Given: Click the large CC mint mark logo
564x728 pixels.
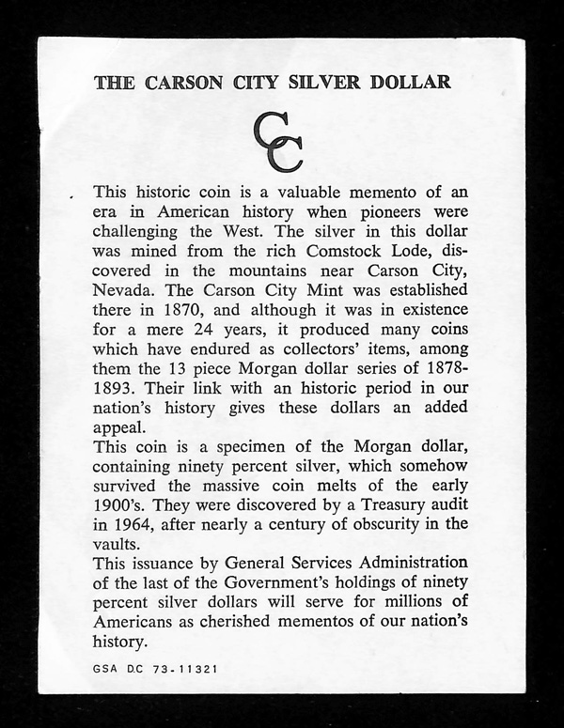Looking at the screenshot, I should pos(278,144).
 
